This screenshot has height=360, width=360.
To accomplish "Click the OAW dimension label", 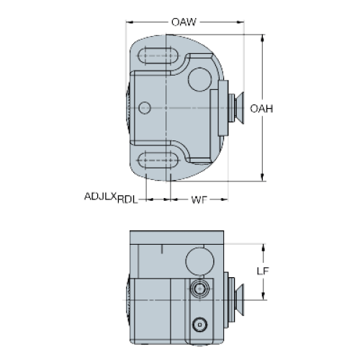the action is click(x=184, y=22).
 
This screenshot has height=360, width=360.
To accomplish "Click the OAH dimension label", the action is click(x=261, y=109).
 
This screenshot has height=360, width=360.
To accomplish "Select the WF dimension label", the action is click(x=199, y=199).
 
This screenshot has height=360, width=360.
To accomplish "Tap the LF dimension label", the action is click(x=263, y=271).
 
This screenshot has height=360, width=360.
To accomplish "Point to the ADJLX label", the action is click(x=101, y=197).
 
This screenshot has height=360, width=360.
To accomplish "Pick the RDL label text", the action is click(x=127, y=199).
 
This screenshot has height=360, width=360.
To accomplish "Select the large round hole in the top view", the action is click(x=199, y=79).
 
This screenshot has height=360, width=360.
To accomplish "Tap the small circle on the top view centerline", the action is click(x=145, y=108).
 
